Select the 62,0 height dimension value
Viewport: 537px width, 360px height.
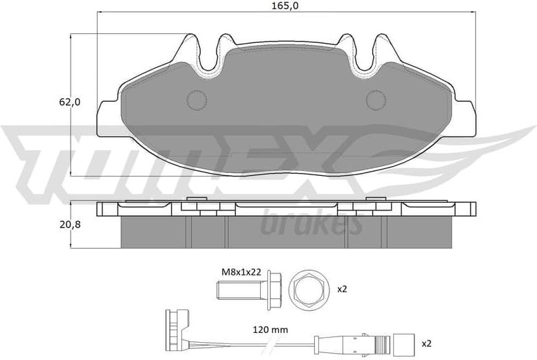(x=69, y=102)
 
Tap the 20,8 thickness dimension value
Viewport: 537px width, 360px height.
(x=69, y=224)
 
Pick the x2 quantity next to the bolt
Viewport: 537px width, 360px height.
(x=341, y=289)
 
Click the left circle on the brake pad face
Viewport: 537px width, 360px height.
(x=197, y=100)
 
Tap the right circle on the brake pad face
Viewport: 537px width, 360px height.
(x=376, y=100)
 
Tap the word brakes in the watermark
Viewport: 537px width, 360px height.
(x=311, y=224)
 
